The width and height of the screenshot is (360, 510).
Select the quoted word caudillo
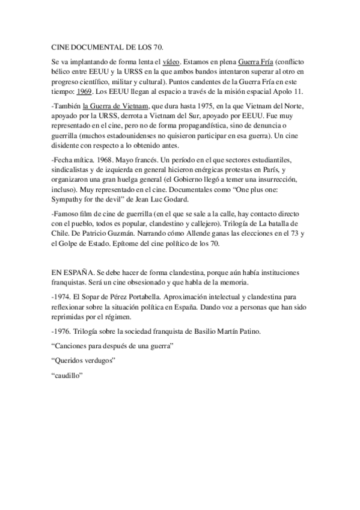click(67, 375)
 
